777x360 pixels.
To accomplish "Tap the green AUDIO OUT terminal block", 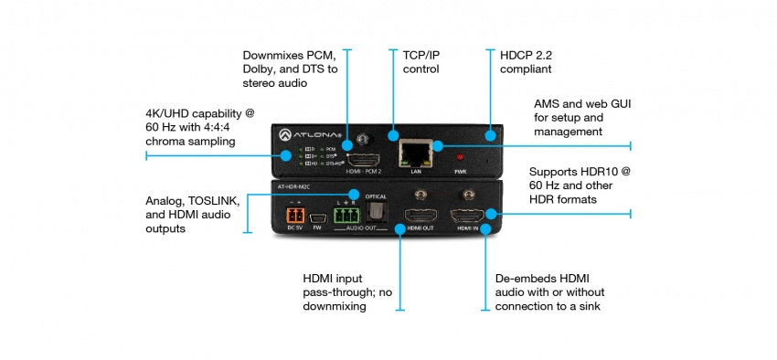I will (344, 217).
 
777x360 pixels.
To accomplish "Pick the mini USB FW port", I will (316, 218).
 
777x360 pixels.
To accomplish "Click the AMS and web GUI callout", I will (581, 118).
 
